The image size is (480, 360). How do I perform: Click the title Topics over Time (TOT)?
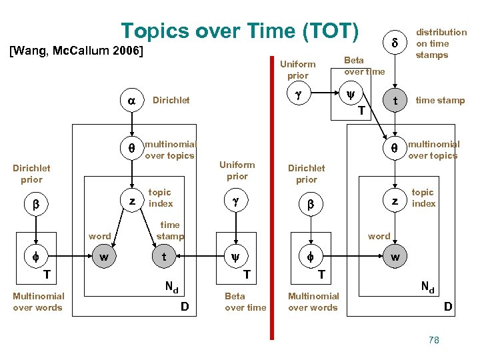240,31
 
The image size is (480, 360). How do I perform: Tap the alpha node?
131,100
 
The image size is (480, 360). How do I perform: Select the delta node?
394,42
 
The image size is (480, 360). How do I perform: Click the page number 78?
434,340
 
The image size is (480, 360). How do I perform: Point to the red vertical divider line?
272,200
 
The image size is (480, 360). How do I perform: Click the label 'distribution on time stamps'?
441,43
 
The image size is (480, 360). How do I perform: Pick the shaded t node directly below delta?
395,101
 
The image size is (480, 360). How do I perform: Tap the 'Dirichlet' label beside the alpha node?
171,100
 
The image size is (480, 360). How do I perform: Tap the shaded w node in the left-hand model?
103,257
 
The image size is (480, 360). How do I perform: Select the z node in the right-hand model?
395,200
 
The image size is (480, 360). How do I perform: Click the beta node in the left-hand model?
36,205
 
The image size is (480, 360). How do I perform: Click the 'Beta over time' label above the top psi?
364,66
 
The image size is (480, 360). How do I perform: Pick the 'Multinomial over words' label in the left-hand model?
38,301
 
